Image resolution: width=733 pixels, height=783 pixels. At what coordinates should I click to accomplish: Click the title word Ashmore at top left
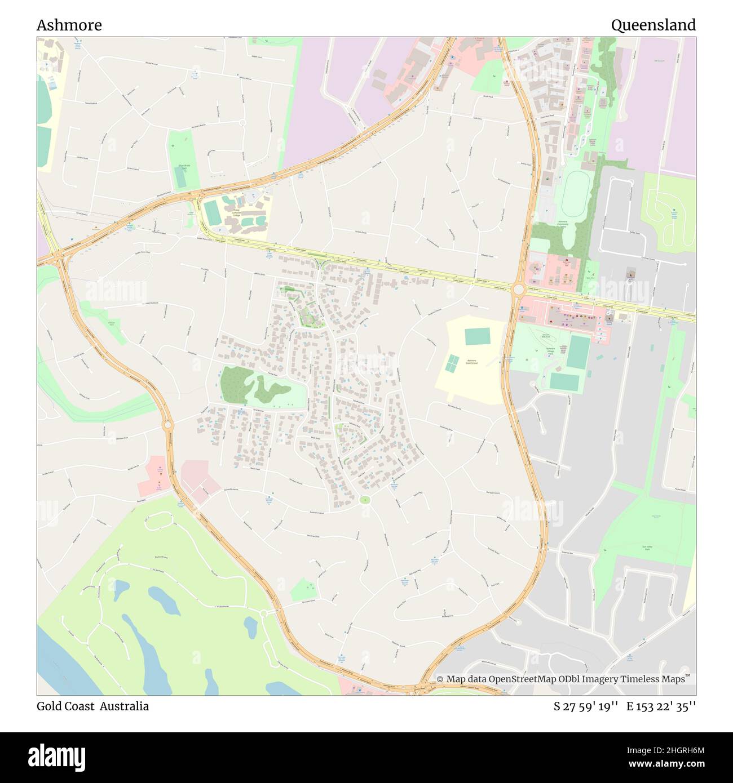[x=69, y=25]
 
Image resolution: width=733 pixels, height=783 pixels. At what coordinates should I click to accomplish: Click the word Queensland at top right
[x=653, y=25]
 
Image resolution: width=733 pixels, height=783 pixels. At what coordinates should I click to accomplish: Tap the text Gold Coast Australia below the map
[x=93, y=706]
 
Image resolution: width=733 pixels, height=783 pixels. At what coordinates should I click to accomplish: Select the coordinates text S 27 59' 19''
[x=586, y=706]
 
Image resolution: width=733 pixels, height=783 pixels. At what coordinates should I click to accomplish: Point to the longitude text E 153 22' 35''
[x=661, y=706]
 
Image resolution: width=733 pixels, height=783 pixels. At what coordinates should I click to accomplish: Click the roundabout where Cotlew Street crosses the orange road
[x=518, y=289]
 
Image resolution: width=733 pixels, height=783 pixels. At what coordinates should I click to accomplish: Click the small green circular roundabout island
[x=365, y=499]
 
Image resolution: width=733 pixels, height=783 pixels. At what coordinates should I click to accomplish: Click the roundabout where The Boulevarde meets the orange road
[x=263, y=613]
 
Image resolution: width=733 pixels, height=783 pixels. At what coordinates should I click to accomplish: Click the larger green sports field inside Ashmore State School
[x=478, y=337]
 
